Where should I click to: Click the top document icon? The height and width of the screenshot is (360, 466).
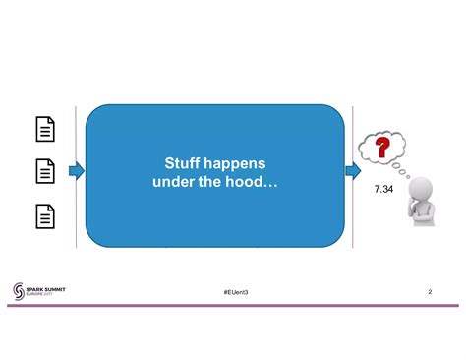pos(45,129)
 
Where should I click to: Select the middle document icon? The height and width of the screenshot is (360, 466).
pos(45,172)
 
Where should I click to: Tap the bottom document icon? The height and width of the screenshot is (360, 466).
pos(45,216)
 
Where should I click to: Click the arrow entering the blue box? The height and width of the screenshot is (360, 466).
pos(77,173)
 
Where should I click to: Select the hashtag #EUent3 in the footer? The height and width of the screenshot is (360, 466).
pos(235,294)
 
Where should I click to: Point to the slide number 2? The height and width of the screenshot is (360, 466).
pos(431,293)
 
